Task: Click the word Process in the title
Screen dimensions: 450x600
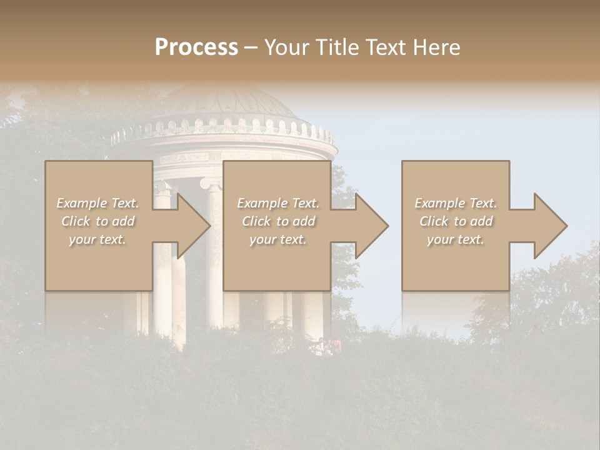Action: (x=196, y=47)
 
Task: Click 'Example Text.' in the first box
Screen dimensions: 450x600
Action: (x=97, y=203)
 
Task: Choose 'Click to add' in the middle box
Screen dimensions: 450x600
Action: (x=278, y=221)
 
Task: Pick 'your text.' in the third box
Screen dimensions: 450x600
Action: (x=456, y=239)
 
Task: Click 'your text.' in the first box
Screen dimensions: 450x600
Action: (x=97, y=239)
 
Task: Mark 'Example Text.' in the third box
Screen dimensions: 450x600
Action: (x=456, y=203)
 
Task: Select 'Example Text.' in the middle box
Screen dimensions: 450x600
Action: (x=278, y=203)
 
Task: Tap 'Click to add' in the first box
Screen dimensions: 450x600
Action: (x=97, y=221)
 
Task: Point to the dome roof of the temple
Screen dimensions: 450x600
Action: (x=225, y=103)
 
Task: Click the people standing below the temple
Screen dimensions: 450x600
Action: (x=327, y=346)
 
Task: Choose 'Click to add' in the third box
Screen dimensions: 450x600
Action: (x=456, y=221)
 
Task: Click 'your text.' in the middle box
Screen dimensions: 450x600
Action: (x=278, y=239)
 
